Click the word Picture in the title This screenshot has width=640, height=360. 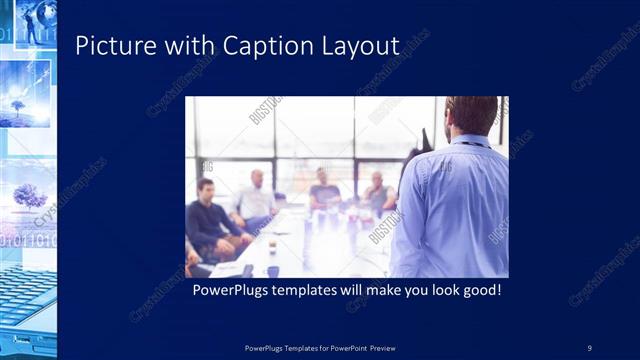tap(107, 45)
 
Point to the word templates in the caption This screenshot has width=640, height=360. tap(307, 291)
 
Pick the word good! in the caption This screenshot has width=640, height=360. tap(478, 291)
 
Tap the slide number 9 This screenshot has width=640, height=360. tap(589, 347)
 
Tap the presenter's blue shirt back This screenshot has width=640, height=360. tap(455, 210)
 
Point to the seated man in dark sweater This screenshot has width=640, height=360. tap(211, 215)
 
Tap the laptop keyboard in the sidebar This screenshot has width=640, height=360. tap(25, 300)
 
